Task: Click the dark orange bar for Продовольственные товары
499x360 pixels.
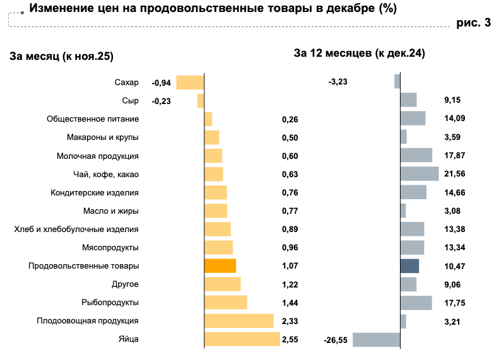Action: click(x=220, y=266)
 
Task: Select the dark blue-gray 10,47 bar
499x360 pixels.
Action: click(x=409, y=266)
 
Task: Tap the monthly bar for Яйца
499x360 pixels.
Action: click(x=242, y=339)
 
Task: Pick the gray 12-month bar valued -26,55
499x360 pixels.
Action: click(x=376, y=340)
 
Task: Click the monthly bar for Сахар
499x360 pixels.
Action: click(x=190, y=83)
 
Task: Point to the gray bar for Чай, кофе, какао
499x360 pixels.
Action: click(x=420, y=174)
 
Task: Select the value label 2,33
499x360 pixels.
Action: click(x=290, y=322)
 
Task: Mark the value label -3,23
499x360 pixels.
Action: click(x=338, y=82)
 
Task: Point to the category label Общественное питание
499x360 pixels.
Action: click(x=93, y=119)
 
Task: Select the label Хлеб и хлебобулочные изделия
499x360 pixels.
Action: click(x=76, y=229)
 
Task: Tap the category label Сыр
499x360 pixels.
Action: click(x=130, y=101)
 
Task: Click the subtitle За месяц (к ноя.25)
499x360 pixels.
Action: click(x=61, y=56)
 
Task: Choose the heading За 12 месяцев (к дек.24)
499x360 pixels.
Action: click(x=359, y=54)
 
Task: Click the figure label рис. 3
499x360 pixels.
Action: click(x=473, y=23)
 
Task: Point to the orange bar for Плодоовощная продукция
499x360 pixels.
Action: click(x=239, y=321)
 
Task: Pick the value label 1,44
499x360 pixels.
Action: click(x=290, y=303)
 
